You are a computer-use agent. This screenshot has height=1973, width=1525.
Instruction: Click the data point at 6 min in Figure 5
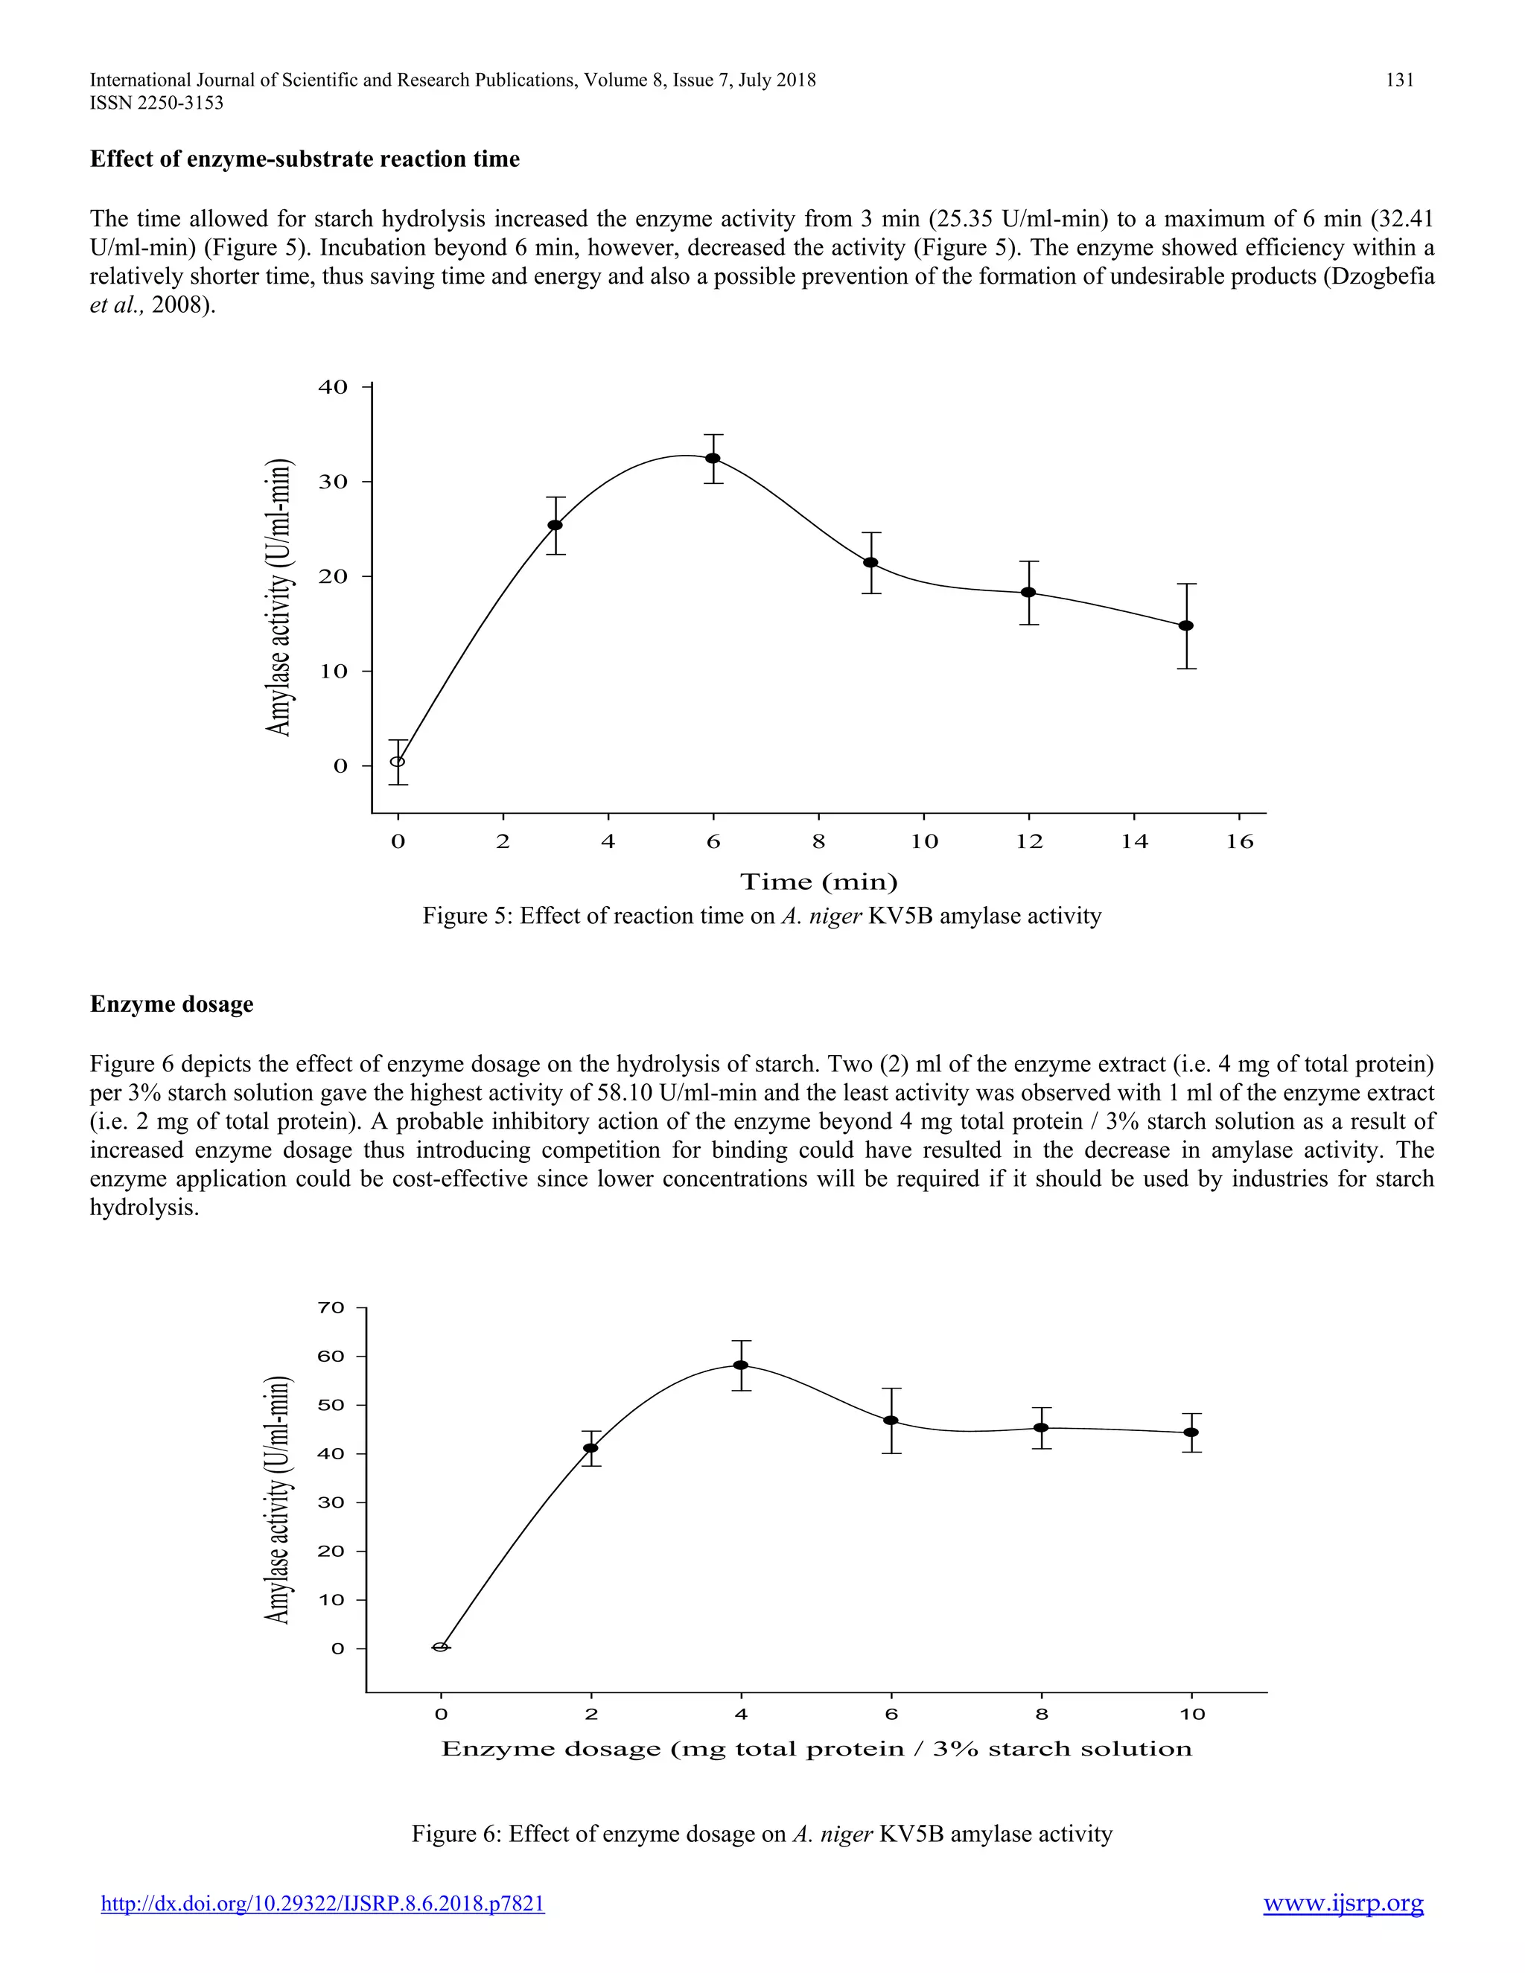(713, 458)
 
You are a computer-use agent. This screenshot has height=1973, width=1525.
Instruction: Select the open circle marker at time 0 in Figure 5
(398, 761)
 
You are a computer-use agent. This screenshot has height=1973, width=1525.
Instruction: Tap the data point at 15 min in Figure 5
(1186, 625)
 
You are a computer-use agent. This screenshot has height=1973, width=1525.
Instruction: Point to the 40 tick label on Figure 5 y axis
(332, 386)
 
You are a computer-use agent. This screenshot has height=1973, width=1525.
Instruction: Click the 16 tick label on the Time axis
(1240, 842)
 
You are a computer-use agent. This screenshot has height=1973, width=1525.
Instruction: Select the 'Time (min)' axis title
(818, 882)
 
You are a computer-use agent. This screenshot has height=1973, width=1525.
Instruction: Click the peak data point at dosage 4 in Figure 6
(741, 1364)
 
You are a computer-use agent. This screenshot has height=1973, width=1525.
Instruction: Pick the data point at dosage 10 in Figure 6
(1191, 1432)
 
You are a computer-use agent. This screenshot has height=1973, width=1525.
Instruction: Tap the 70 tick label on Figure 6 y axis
(331, 1307)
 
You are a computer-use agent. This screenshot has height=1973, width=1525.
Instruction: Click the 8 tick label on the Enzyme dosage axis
(1042, 1714)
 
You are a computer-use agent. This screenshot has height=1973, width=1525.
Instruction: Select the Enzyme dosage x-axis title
(817, 1749)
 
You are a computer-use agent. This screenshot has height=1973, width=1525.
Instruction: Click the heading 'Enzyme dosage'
(172, 1004)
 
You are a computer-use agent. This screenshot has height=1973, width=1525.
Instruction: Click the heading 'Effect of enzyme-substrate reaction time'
(305, 159)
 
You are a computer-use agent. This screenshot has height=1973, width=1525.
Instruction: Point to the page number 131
(1399, 80)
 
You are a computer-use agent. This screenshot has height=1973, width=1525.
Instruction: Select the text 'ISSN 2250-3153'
(156, 103)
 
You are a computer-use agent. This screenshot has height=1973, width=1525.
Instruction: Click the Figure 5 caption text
(762, 916)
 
